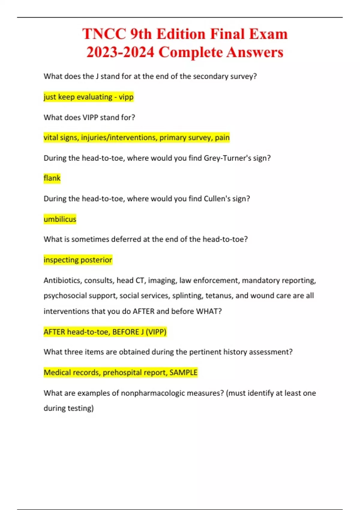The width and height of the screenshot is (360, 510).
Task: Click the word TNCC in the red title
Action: click(104, 34)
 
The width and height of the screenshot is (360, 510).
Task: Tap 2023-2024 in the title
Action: click(120, 52)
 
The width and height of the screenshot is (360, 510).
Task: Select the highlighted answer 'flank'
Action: click(52, 178)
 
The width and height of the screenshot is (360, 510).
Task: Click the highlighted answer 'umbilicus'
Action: click(60, 219)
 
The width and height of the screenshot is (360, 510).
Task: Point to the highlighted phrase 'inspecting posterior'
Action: click(78, 260)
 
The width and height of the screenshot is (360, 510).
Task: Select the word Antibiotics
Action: click(62, 280)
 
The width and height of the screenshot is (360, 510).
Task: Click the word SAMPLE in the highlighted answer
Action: click(183, 373)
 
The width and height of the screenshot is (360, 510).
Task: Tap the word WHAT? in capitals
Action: click(209, 311)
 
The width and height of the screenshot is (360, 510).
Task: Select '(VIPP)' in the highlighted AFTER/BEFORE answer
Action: click(156, 332)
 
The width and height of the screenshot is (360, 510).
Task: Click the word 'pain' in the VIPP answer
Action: click(222, 138)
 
